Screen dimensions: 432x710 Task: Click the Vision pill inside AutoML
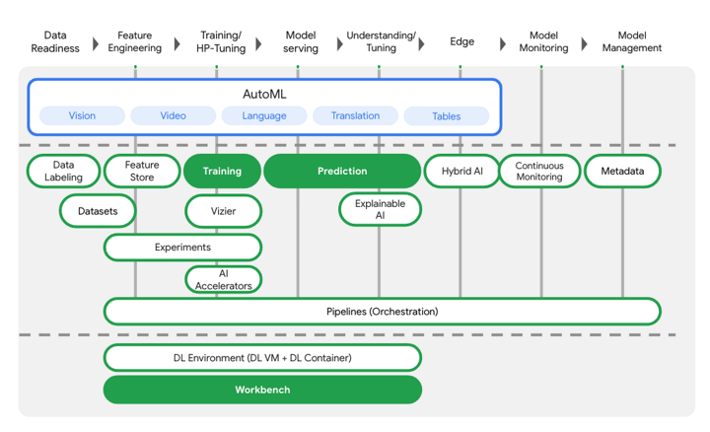click(x=82, y=115)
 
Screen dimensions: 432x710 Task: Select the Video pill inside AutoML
click(x=173, y=115)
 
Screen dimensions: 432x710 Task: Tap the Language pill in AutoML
click(x=264, y=115)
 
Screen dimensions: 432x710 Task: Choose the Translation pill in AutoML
click(x=355, y=115)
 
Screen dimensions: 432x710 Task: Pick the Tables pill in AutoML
click(x=446, y=115)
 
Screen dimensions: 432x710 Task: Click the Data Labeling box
click(x=63, y=172)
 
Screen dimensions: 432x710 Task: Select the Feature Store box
click(x=141, y=172)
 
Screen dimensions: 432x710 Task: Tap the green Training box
click(x=222, y=172)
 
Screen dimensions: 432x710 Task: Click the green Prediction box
click(x=342, y=172)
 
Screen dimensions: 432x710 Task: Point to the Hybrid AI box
click(x=461, y=172)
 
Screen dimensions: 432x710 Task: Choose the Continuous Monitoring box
click(x=539, y=172)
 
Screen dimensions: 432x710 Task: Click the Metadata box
click(x=621, y=172)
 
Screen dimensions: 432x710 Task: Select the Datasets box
click(x=97, y=210)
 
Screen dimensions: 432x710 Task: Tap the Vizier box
click(x=224, y=210)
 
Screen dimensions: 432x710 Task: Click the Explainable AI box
click(x=380, y=209)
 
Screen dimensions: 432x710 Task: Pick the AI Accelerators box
click(x=224, y=279)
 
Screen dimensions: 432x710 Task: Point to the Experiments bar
click(x=182, y=247)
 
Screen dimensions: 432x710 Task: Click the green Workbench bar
click(x=262, y=390)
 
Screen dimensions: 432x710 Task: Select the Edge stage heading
click(x=461, y=41)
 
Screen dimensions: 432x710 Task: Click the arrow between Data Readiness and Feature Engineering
click(x=96, y=42)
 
